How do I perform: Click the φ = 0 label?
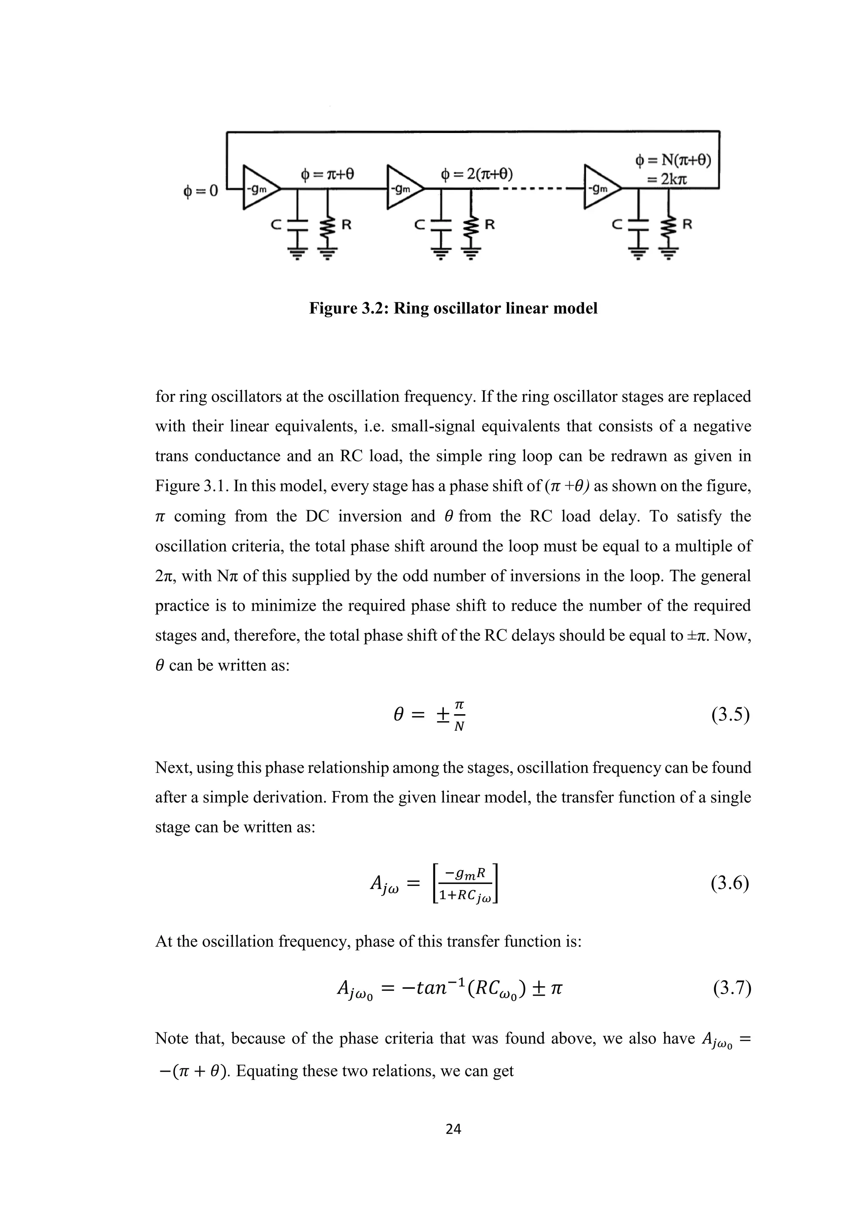(200, 191)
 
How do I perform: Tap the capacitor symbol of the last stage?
(638, 226)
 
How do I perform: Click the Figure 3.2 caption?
(453, 308)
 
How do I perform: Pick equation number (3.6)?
(730, 883)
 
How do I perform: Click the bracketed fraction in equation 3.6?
(465, 884)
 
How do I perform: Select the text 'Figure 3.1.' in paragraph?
(192, 486)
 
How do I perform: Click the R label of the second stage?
(489, 225)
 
